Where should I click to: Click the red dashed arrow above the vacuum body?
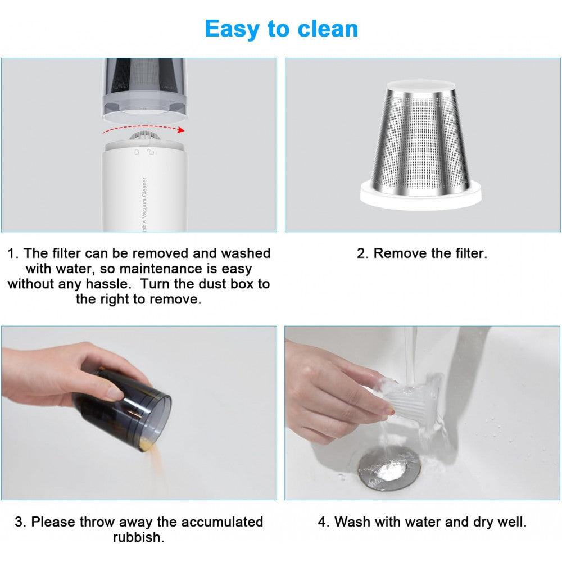tap(143, 130)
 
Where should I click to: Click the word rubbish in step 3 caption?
tap(138, 537)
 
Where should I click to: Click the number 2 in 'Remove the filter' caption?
tap(362, 253)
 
